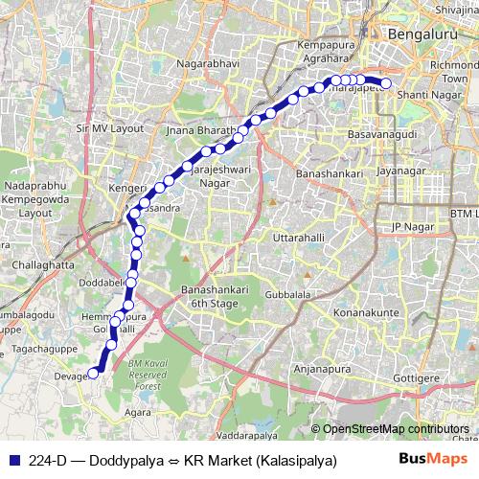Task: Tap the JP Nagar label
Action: (407, 226)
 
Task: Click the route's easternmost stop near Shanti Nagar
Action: (386, 83)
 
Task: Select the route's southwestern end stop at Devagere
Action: (94, 374)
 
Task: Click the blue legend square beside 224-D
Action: (13, 460)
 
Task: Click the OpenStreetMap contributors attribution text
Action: (396, 429)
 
